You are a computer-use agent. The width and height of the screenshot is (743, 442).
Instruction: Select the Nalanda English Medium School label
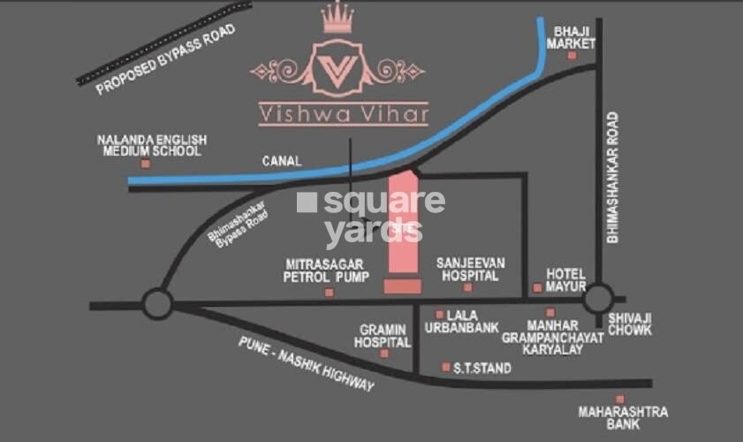152,145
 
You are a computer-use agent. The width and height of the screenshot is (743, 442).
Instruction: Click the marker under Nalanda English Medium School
145,164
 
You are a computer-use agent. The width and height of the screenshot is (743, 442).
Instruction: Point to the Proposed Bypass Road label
167,57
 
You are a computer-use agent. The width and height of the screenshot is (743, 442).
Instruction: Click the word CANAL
282,162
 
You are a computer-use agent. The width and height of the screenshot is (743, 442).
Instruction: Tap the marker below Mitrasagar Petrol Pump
330,292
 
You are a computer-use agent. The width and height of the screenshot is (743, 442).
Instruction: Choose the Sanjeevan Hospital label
468,270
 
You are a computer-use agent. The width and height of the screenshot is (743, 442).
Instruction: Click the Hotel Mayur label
566,280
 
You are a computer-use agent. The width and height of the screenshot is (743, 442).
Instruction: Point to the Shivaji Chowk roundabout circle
597,298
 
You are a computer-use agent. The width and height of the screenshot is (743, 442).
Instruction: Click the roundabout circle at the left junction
157,305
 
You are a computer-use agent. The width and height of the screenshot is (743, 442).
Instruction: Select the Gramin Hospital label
383,335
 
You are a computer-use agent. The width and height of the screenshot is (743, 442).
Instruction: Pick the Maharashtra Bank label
623,418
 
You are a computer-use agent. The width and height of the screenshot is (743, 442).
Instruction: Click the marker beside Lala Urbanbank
440,315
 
